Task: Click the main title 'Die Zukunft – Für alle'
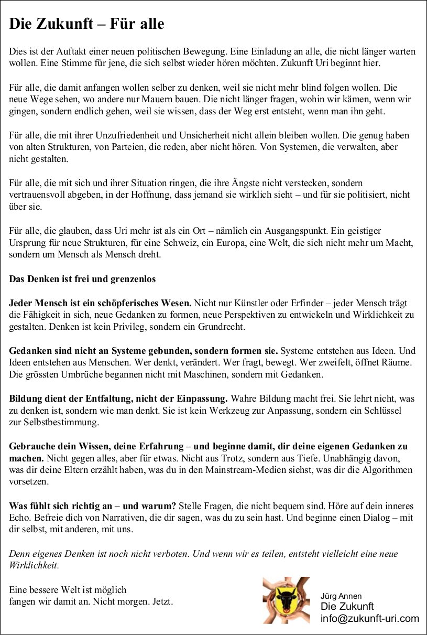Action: tap(86, 24)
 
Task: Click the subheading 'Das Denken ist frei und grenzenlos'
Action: tap(82, 279)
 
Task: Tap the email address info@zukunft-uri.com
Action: tap(370, 618)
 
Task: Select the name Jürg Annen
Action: tap(341, 596)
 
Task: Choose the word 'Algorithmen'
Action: tap(387, 470)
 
